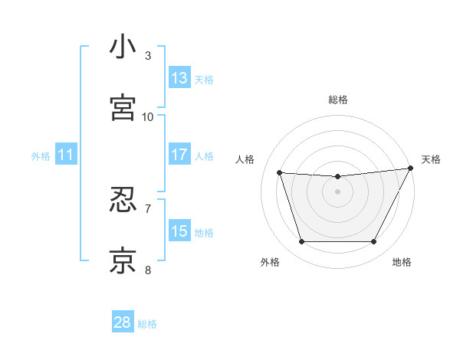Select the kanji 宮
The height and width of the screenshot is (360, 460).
click(123, 107)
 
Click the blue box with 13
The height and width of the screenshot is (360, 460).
click(179, 78)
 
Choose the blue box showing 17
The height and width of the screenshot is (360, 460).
click(179, 155)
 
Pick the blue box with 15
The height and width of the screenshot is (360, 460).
click(179, 231)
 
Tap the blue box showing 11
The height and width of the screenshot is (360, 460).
click(66, 155)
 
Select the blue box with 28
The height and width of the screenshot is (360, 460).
click(123, 322)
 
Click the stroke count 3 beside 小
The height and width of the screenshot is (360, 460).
click(148, 55)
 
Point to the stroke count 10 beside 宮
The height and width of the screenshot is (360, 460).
click(148, 116)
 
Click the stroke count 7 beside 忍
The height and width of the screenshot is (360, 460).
click(148, 208)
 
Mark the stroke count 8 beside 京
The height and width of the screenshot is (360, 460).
click(148, 270)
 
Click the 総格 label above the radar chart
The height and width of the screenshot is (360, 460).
click(338, 100)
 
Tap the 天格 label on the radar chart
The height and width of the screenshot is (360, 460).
click(431, 159)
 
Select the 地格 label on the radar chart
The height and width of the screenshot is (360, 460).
click(402, 262)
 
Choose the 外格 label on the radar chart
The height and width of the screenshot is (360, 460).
click(270, 262)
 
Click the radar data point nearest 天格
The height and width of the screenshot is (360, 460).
click(412, 169)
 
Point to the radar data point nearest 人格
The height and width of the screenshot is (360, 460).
click(280, 173)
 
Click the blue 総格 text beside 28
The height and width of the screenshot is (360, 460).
click(147, 324)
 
